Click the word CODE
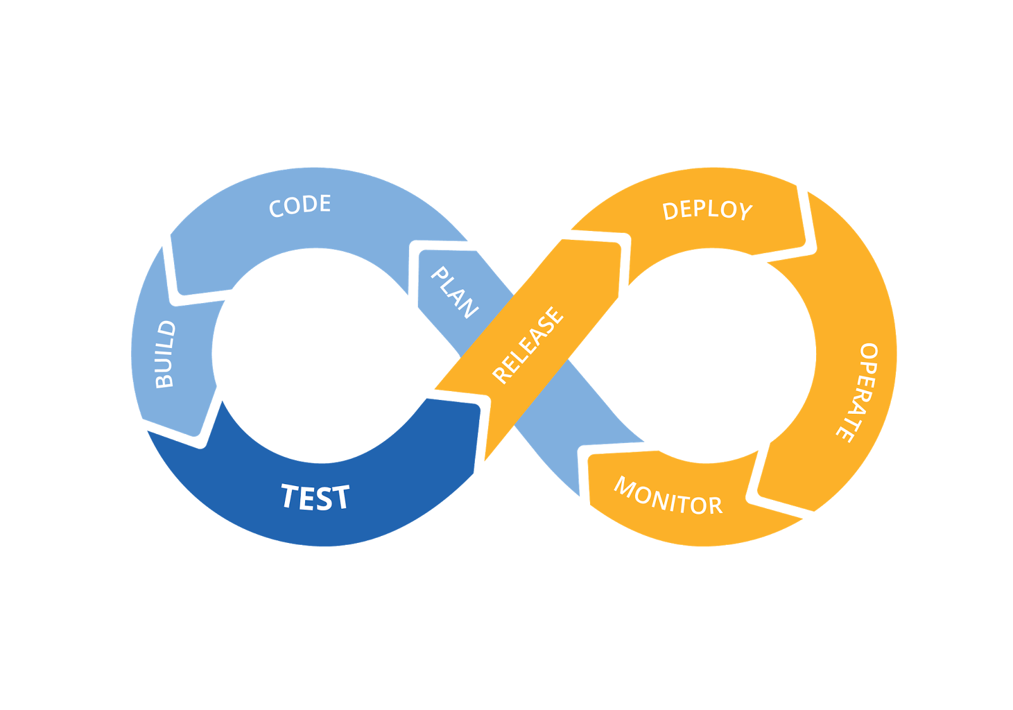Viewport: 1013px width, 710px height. pos(300,206)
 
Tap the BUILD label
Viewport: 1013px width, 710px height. pos(165,354)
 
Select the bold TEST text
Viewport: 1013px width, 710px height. pos(315,497)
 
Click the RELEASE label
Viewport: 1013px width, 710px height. pos(527,345)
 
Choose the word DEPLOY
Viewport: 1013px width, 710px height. pos(707,210)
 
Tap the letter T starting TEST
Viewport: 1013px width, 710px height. pos(291,495)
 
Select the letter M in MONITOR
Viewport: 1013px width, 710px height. pos(626,488)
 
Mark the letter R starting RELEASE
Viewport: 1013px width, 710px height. pos(502,375)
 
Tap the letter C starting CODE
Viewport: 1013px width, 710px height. pos(276,209)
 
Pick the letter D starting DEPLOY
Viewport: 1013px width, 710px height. pos(670,211)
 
